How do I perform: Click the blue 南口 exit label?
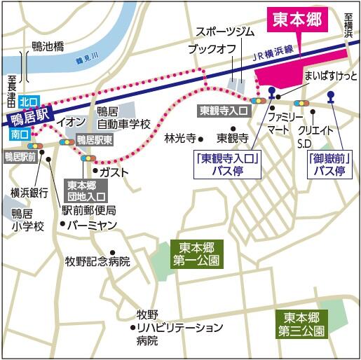(20, 133)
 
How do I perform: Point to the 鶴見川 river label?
(89, 61)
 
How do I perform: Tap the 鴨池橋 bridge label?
(48, 47)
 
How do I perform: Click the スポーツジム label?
(224, 32)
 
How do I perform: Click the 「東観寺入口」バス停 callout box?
(228, 165)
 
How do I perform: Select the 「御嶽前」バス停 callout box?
(330, 165)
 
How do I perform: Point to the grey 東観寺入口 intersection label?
(224, 111)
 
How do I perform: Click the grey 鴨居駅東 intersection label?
(95, 139)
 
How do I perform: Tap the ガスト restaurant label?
(112, 171)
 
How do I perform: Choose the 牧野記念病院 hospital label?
(97, 262)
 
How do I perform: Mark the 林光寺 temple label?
(180, 137)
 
